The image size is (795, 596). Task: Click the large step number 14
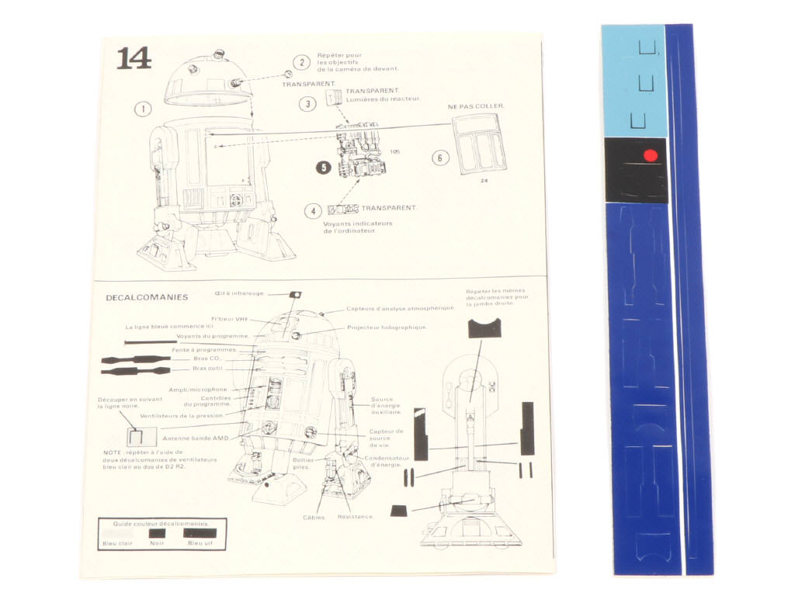pyautogui.click(x=134, y=59)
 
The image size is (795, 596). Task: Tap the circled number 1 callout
pyautogui.click(x=142, y=109)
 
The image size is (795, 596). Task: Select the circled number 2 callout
pyautogui.click(x=301, y=63)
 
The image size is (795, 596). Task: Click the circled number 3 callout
pyautogui.click(x=308, y=103)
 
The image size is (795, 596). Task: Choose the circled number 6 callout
pyautogui.click(x=440, y=158)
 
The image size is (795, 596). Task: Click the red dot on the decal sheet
pyautogui.click(x=651, y=155)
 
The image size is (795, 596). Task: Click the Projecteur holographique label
pyautogui.click(x=387, y=327)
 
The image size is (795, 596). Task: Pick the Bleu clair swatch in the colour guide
pyautogui.click(x=118, y=533)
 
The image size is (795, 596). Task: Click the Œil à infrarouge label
pyautogui.click(x=239, y=293)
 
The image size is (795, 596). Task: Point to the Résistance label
pyautogui.click(x=356, y=517)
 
